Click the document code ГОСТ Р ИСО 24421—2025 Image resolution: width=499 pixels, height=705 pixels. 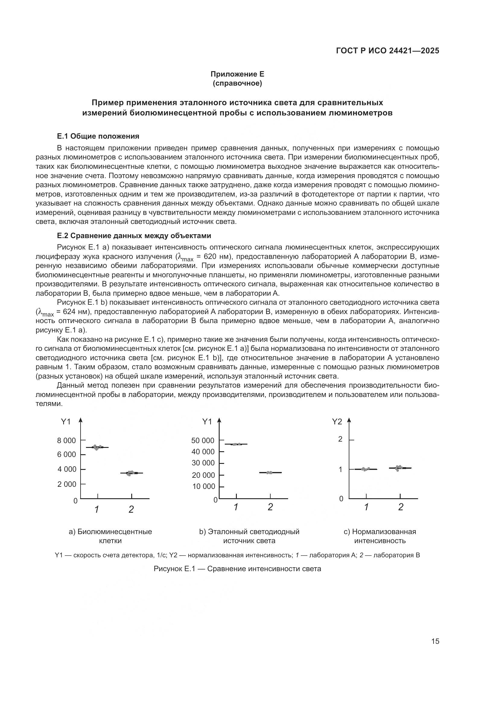pyautogui.click(x=387, y=51)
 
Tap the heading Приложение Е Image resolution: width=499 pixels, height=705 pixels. pyautogui.click(x=237, y=74)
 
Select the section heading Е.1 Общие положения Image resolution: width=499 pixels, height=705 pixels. pyautogui.click(x=98, y=136)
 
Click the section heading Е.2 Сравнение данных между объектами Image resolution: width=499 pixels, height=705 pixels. pyautogui.click(x=134, y=236)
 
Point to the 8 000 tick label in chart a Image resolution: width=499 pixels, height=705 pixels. pyautogui.click(x=66, y=441)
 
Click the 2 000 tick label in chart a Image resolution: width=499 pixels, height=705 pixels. pyautogui.click(x=66, y=484)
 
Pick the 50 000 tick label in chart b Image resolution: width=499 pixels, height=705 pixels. pyautogui.click(x=202, y=441)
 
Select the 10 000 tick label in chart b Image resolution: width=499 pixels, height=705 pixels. pyautogui.click(x=203, y=486)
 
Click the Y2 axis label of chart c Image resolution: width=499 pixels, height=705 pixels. pyautogui.click(x=337, y=422)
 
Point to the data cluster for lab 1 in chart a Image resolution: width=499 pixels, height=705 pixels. pyautogui.click(x=97, y=447)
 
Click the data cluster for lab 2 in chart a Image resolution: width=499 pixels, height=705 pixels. pyautogui.click(x=131, y=473)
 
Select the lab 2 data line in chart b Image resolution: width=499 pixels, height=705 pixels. pyautogui.click(x=270, y=473)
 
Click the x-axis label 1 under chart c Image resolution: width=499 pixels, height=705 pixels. pyautogui.click(x=366, y=507)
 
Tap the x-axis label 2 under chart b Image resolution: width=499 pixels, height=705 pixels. pyautogui.click(x=270, y=507)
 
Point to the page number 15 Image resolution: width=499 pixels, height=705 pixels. pyautogui.click(x=435, y=641)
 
